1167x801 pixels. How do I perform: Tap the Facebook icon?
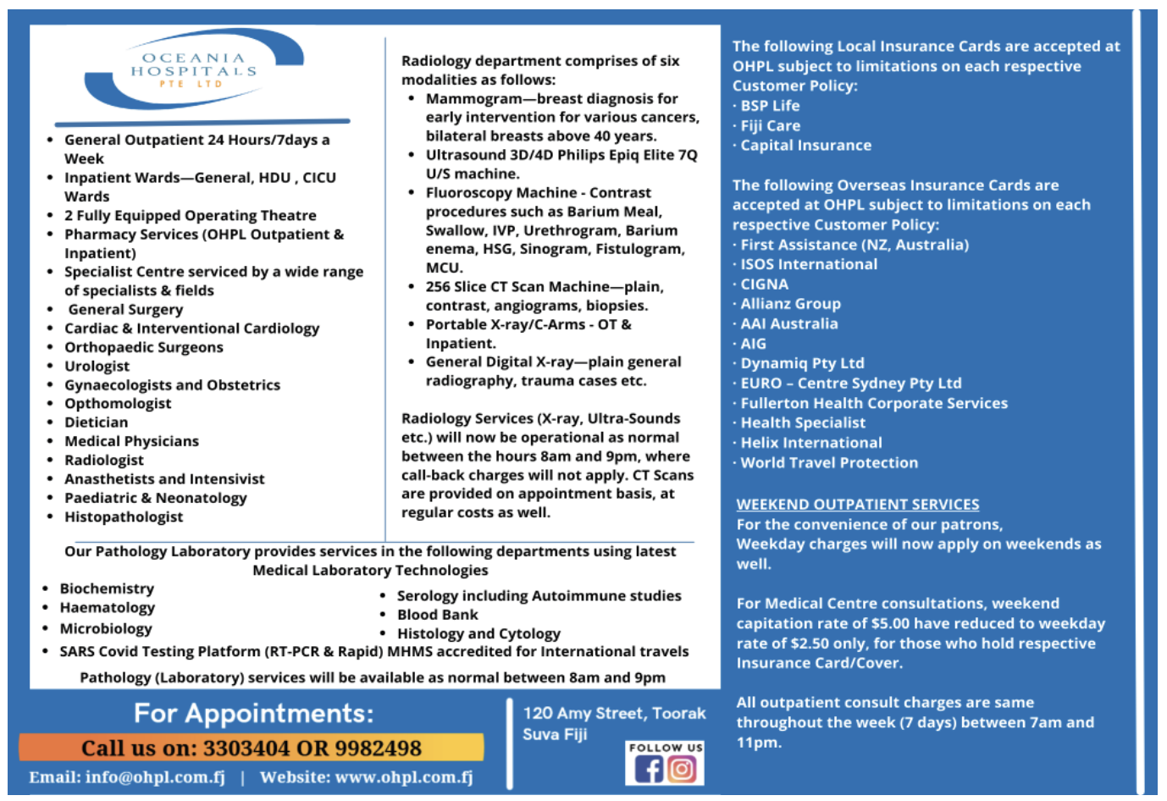click(649, 770)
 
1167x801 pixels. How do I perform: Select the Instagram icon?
click(682, 770)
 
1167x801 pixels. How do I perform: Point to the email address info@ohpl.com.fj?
click(155, 777)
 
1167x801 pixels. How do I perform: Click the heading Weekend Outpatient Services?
click(857, 505)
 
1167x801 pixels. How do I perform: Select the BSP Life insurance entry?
click(770, 106)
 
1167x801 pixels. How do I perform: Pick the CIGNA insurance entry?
click(764, 284)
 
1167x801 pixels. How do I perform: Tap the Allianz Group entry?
click(790, 304)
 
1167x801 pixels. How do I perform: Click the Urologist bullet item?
click(97, 366)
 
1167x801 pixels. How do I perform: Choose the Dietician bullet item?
click(97, 423)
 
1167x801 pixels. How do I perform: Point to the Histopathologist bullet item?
click(124, 517)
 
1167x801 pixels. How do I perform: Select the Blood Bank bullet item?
click(438, 615)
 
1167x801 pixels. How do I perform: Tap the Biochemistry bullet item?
click(107, 588)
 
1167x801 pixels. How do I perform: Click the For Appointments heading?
click(253, 714)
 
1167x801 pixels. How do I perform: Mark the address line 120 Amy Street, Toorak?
click(614, 714)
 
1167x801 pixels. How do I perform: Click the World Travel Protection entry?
click(829, 463)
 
